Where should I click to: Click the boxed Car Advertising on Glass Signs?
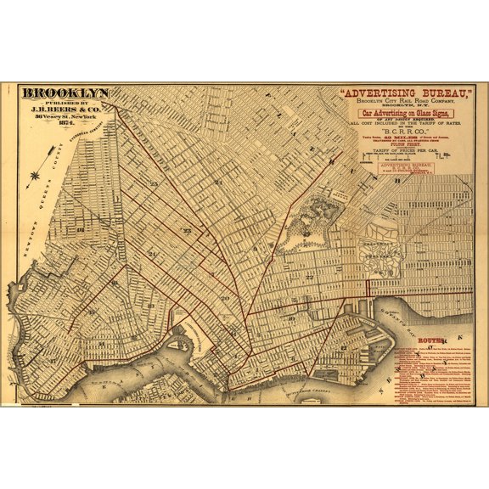406,113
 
